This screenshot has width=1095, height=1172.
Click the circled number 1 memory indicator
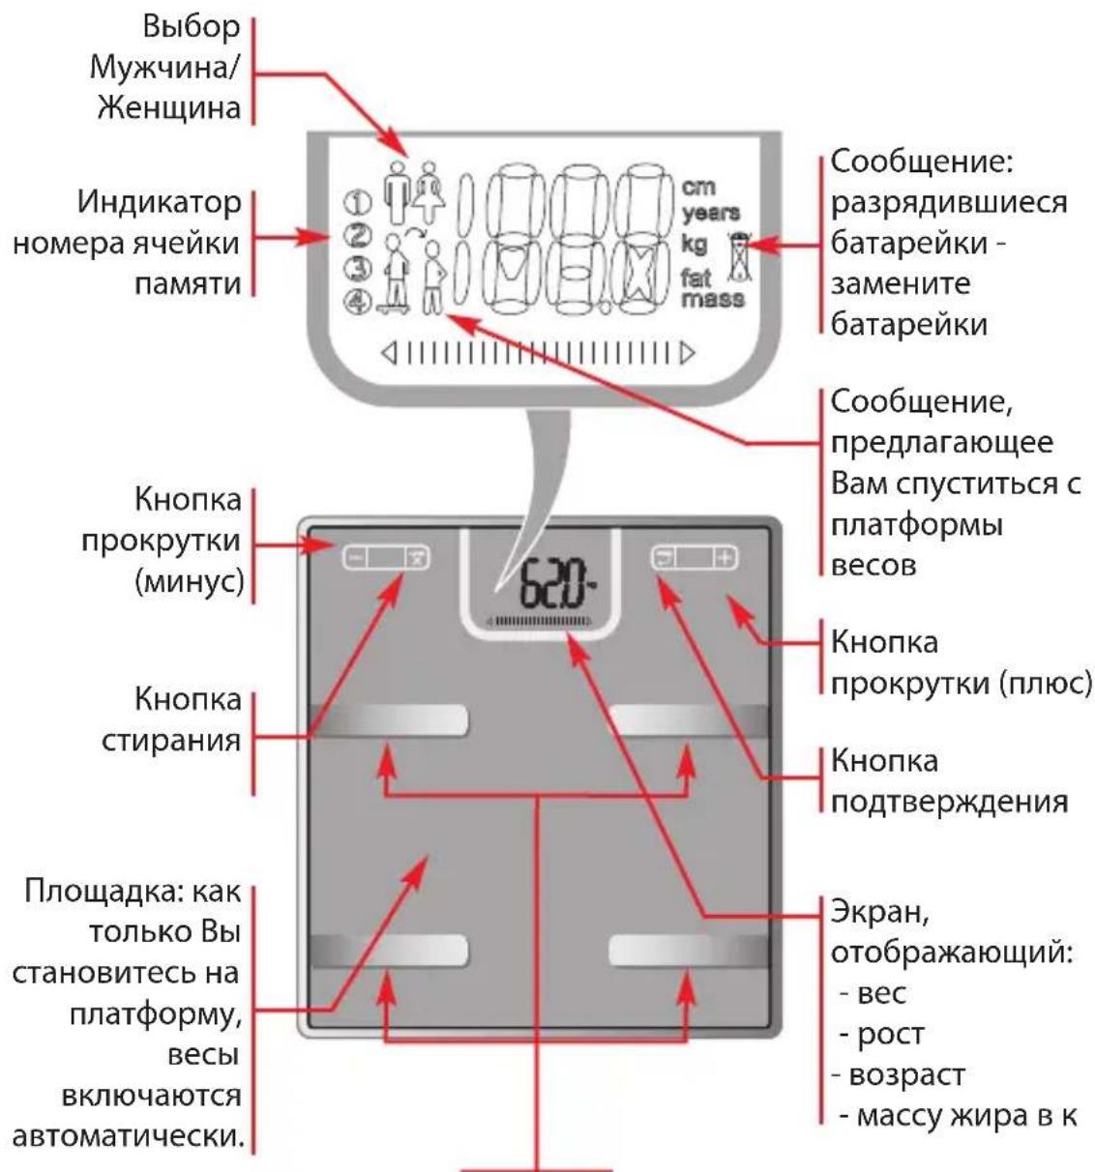click(x=357, y=202)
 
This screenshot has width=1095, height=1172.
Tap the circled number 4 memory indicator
click(x=358, y=302)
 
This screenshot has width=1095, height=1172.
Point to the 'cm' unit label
click(x=698, y=187)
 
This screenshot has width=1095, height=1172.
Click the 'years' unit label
click(x=711, y=213)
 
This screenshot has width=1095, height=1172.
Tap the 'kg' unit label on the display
click(x=694, y=243)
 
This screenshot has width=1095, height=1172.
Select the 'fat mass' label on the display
click(x=712, y=288)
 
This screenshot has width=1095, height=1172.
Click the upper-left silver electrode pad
click(x=390, y=720)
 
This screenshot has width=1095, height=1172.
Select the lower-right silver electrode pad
click(x=688, y=951)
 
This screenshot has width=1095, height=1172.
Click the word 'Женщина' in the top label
click(x=169, y=108)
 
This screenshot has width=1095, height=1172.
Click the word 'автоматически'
click(x=127, y=1133)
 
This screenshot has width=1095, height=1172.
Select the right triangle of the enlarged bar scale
click(x=687, y=354)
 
